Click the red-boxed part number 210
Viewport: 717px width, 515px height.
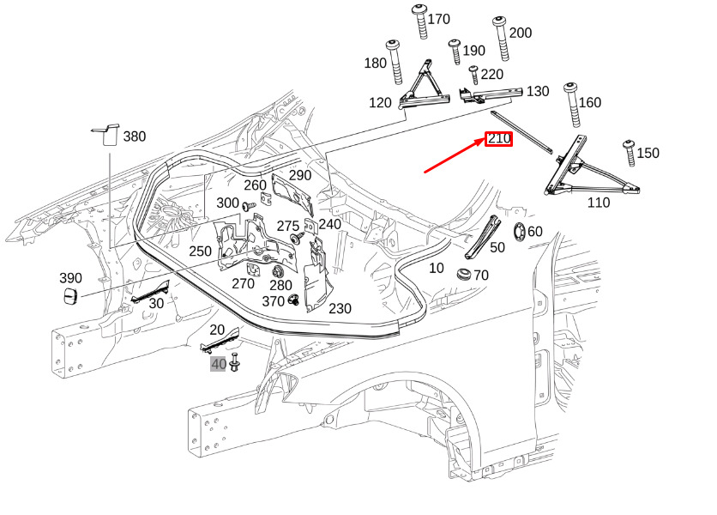tap(498, 138)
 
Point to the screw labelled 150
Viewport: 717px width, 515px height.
tap(629, 151)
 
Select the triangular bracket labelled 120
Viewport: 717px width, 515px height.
tap(426, 86)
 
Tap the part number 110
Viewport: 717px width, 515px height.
tap(598, 203)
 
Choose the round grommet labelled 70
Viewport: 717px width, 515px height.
tap(464, 276)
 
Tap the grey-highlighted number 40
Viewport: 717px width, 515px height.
tap(219, 364)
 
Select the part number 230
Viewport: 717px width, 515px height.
tap(340, 309)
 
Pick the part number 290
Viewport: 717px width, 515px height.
tap(299, 175)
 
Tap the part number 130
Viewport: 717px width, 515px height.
tap(537, 91)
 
